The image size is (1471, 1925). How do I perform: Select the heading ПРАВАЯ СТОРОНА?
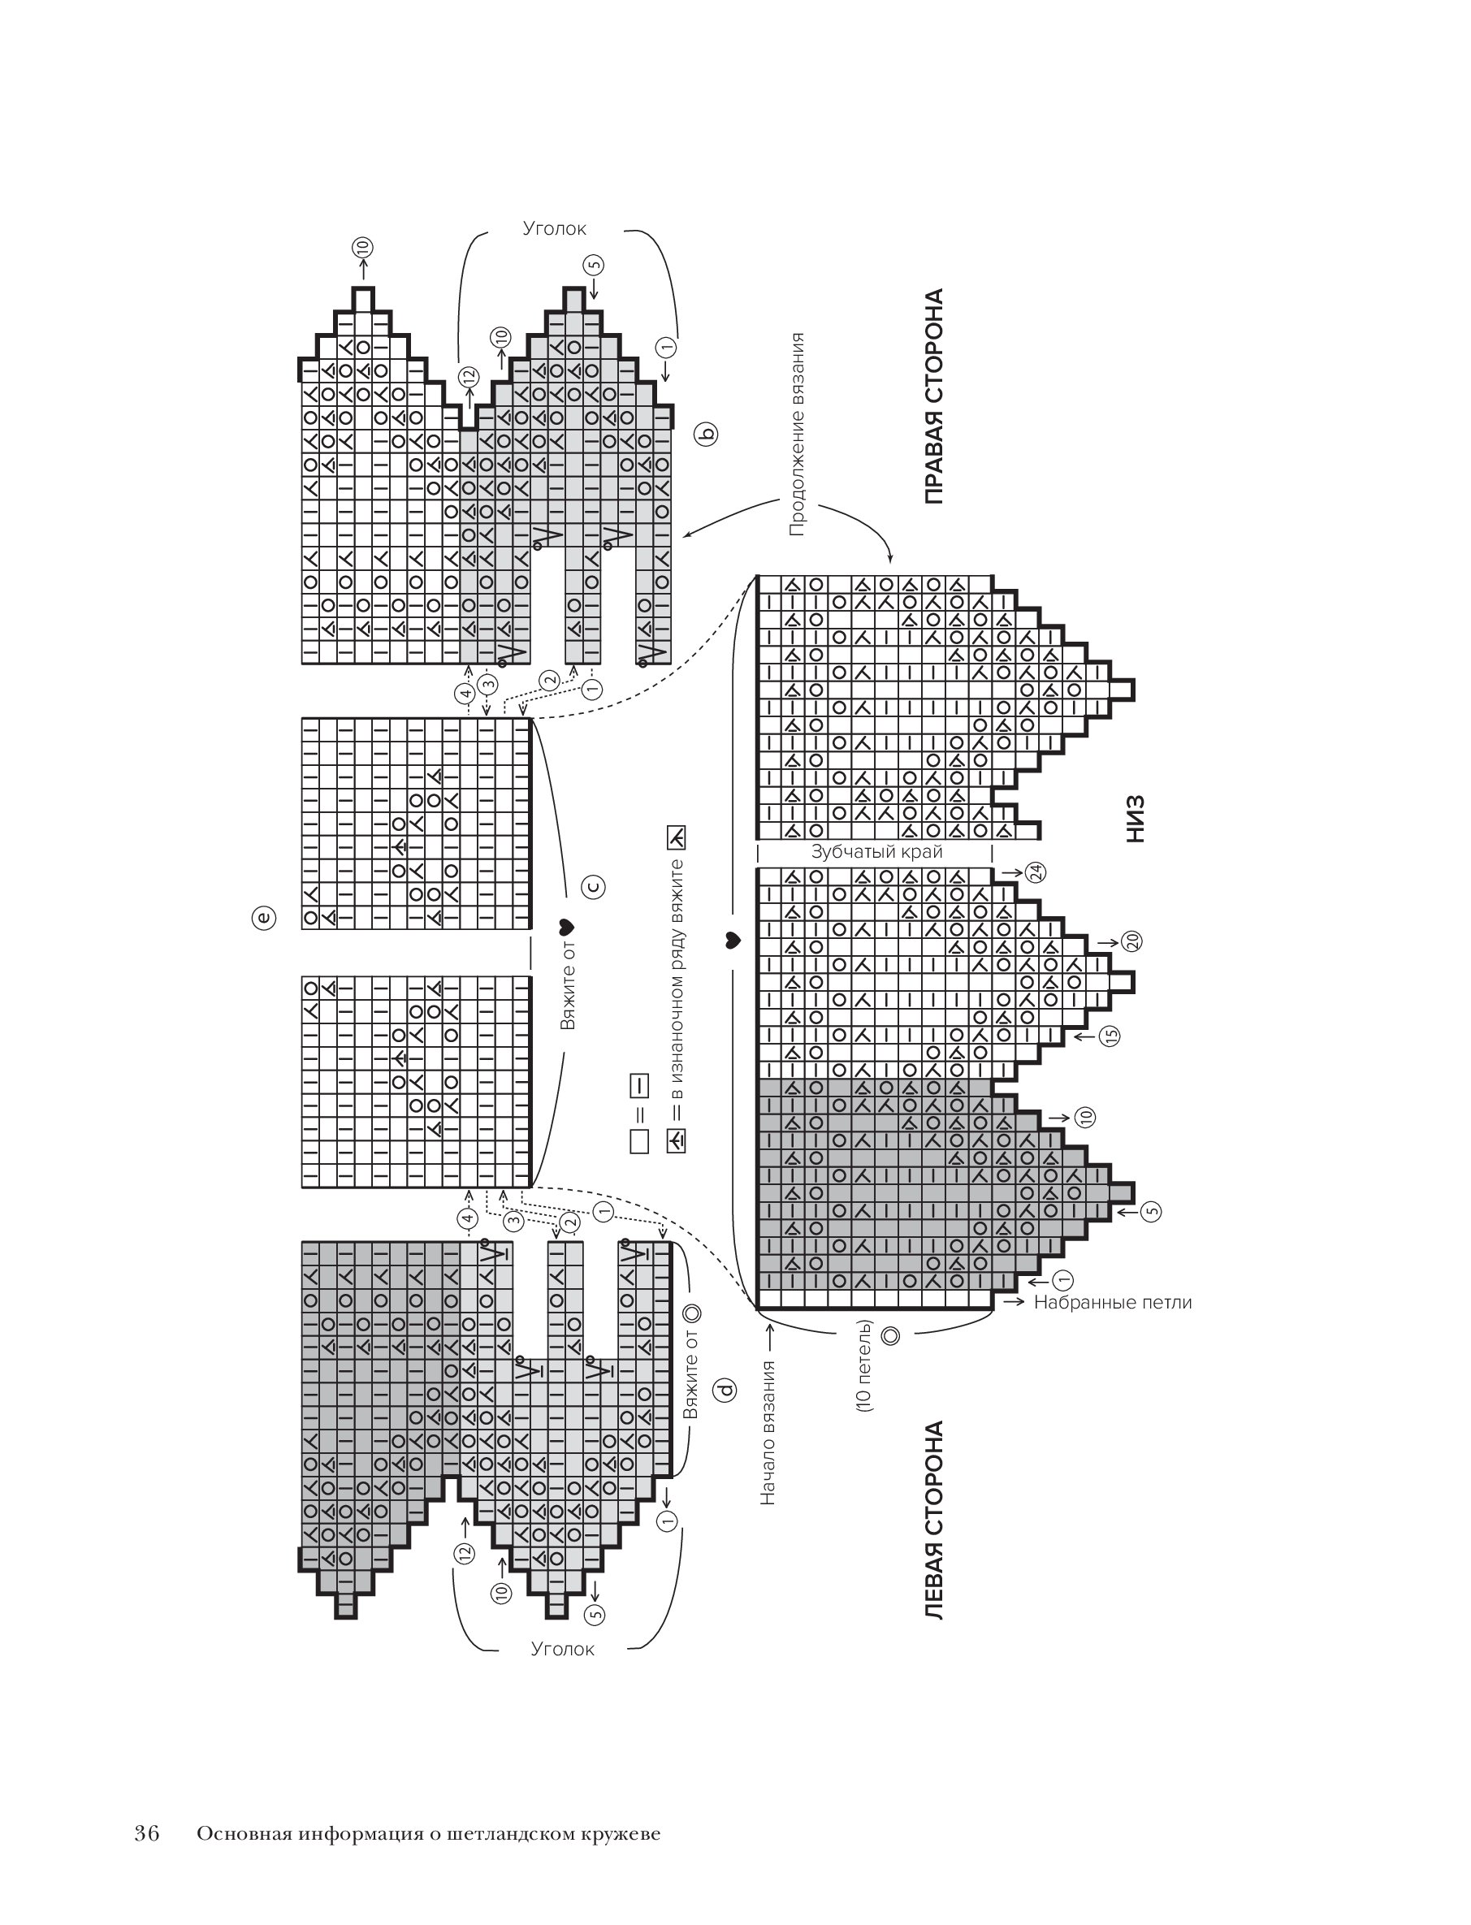click(x=934, y=396)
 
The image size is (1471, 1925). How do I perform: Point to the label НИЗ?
click(x=1135, y=819)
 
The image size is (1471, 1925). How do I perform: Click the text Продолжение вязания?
click(x=796, y=433)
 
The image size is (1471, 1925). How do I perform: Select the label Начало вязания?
click(x=768, y=1432)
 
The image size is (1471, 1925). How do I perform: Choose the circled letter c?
click(x=593, y=887)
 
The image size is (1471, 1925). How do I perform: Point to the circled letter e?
click(x=263, y=917)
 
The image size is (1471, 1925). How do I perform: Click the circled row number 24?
click(x=1036, y=872)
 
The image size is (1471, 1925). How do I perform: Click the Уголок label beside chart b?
click(x=554, y=228)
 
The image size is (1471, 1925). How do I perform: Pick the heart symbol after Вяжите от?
click(x=565, y=927)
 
